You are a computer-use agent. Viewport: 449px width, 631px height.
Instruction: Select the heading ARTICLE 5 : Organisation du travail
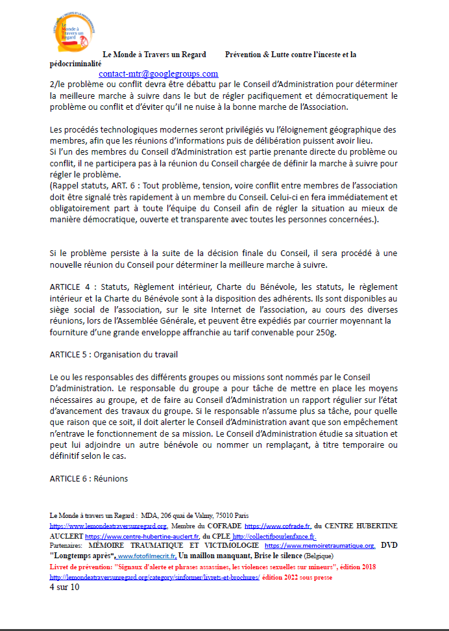point(114,355)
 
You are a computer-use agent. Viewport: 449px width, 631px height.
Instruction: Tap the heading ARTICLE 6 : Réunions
point(89,479)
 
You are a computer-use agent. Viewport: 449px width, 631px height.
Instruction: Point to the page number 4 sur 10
point(64,587)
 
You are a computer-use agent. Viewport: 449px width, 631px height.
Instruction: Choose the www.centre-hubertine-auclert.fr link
point(142,536)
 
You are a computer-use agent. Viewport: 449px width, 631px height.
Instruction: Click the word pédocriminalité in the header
point(75,64)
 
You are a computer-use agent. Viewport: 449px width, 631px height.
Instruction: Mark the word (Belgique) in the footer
point(311,556)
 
